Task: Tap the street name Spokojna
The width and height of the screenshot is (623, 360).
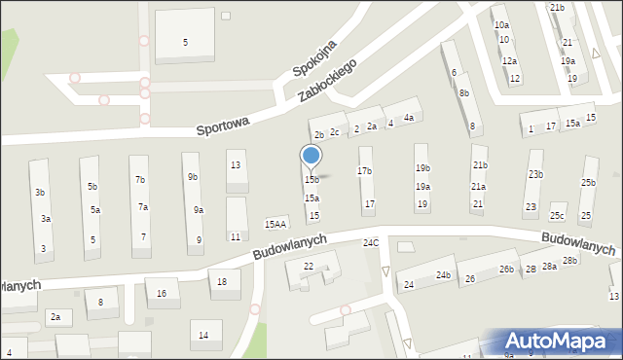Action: tap(315, 59)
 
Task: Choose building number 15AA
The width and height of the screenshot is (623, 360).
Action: tap(275, 225)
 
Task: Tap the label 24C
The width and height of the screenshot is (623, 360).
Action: tap(371, 242)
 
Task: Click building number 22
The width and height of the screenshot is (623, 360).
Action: tap(309, 266)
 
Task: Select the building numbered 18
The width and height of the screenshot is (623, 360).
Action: tap(223, 282)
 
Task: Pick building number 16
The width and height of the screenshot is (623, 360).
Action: tap(162, 293)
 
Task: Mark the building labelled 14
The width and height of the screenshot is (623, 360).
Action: tap(203, 336)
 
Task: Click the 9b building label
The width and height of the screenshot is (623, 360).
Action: tap(193, 177)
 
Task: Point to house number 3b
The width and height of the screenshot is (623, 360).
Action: tap(40, 193)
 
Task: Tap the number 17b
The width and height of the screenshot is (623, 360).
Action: tap(364, 171)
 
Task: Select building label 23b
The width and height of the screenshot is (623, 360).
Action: tap(535, 174)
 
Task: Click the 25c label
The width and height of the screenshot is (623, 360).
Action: tap(557, 216)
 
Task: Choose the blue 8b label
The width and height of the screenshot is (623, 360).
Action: tap(464, 93)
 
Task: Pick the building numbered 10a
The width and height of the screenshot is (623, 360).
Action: tap(501, 24)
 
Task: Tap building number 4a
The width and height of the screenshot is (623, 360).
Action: tap(409, 118)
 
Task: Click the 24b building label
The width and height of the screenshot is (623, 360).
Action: tap(443, 275)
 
